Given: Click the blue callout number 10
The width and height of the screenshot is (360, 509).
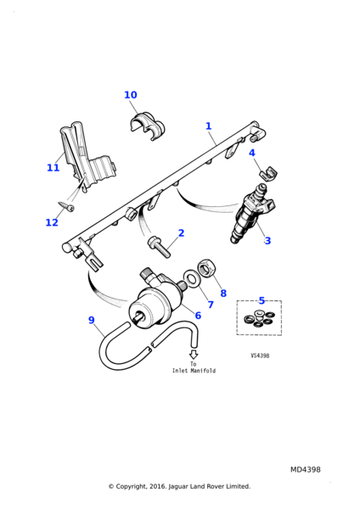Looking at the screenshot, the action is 131,95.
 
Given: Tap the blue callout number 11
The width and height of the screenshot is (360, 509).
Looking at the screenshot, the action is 53,168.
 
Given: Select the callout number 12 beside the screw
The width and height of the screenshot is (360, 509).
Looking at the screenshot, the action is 52,222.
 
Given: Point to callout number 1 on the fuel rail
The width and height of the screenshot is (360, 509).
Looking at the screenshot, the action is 209,126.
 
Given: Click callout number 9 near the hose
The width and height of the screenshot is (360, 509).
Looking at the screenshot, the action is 92,320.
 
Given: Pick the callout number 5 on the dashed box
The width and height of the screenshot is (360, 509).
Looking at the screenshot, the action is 262,300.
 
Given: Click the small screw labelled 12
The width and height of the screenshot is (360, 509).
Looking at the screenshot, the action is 66,206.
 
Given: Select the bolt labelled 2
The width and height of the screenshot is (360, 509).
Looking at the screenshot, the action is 160,247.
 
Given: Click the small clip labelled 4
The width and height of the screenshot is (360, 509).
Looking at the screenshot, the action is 268,174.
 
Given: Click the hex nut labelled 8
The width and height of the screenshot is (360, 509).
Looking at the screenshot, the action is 205,267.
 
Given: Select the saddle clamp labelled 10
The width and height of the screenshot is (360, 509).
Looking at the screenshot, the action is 147,126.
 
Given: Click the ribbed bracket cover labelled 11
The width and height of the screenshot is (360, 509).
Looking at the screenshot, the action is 87,156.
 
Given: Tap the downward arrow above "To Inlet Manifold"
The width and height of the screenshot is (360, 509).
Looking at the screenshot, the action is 194,354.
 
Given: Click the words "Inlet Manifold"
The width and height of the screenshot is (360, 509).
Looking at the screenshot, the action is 194,371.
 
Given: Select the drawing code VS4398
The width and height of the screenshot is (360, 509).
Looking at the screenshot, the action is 260,355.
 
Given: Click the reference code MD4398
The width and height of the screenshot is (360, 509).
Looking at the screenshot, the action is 306,470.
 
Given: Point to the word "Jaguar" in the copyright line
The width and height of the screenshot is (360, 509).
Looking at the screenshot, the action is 177,487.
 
